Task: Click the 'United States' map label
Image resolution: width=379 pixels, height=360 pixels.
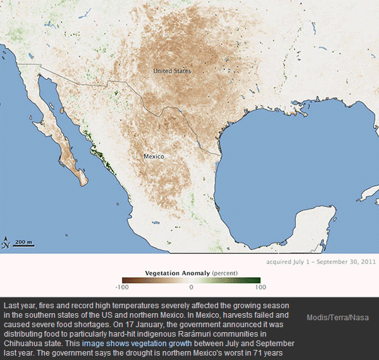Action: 172,71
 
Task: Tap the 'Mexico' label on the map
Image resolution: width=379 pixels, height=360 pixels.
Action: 153,156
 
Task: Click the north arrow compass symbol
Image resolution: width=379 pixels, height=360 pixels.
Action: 6,242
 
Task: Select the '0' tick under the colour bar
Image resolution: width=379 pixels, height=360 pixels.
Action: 191,287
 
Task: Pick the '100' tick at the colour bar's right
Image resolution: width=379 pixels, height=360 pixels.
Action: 261,287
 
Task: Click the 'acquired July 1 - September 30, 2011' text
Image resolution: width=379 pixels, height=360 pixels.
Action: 320,260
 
